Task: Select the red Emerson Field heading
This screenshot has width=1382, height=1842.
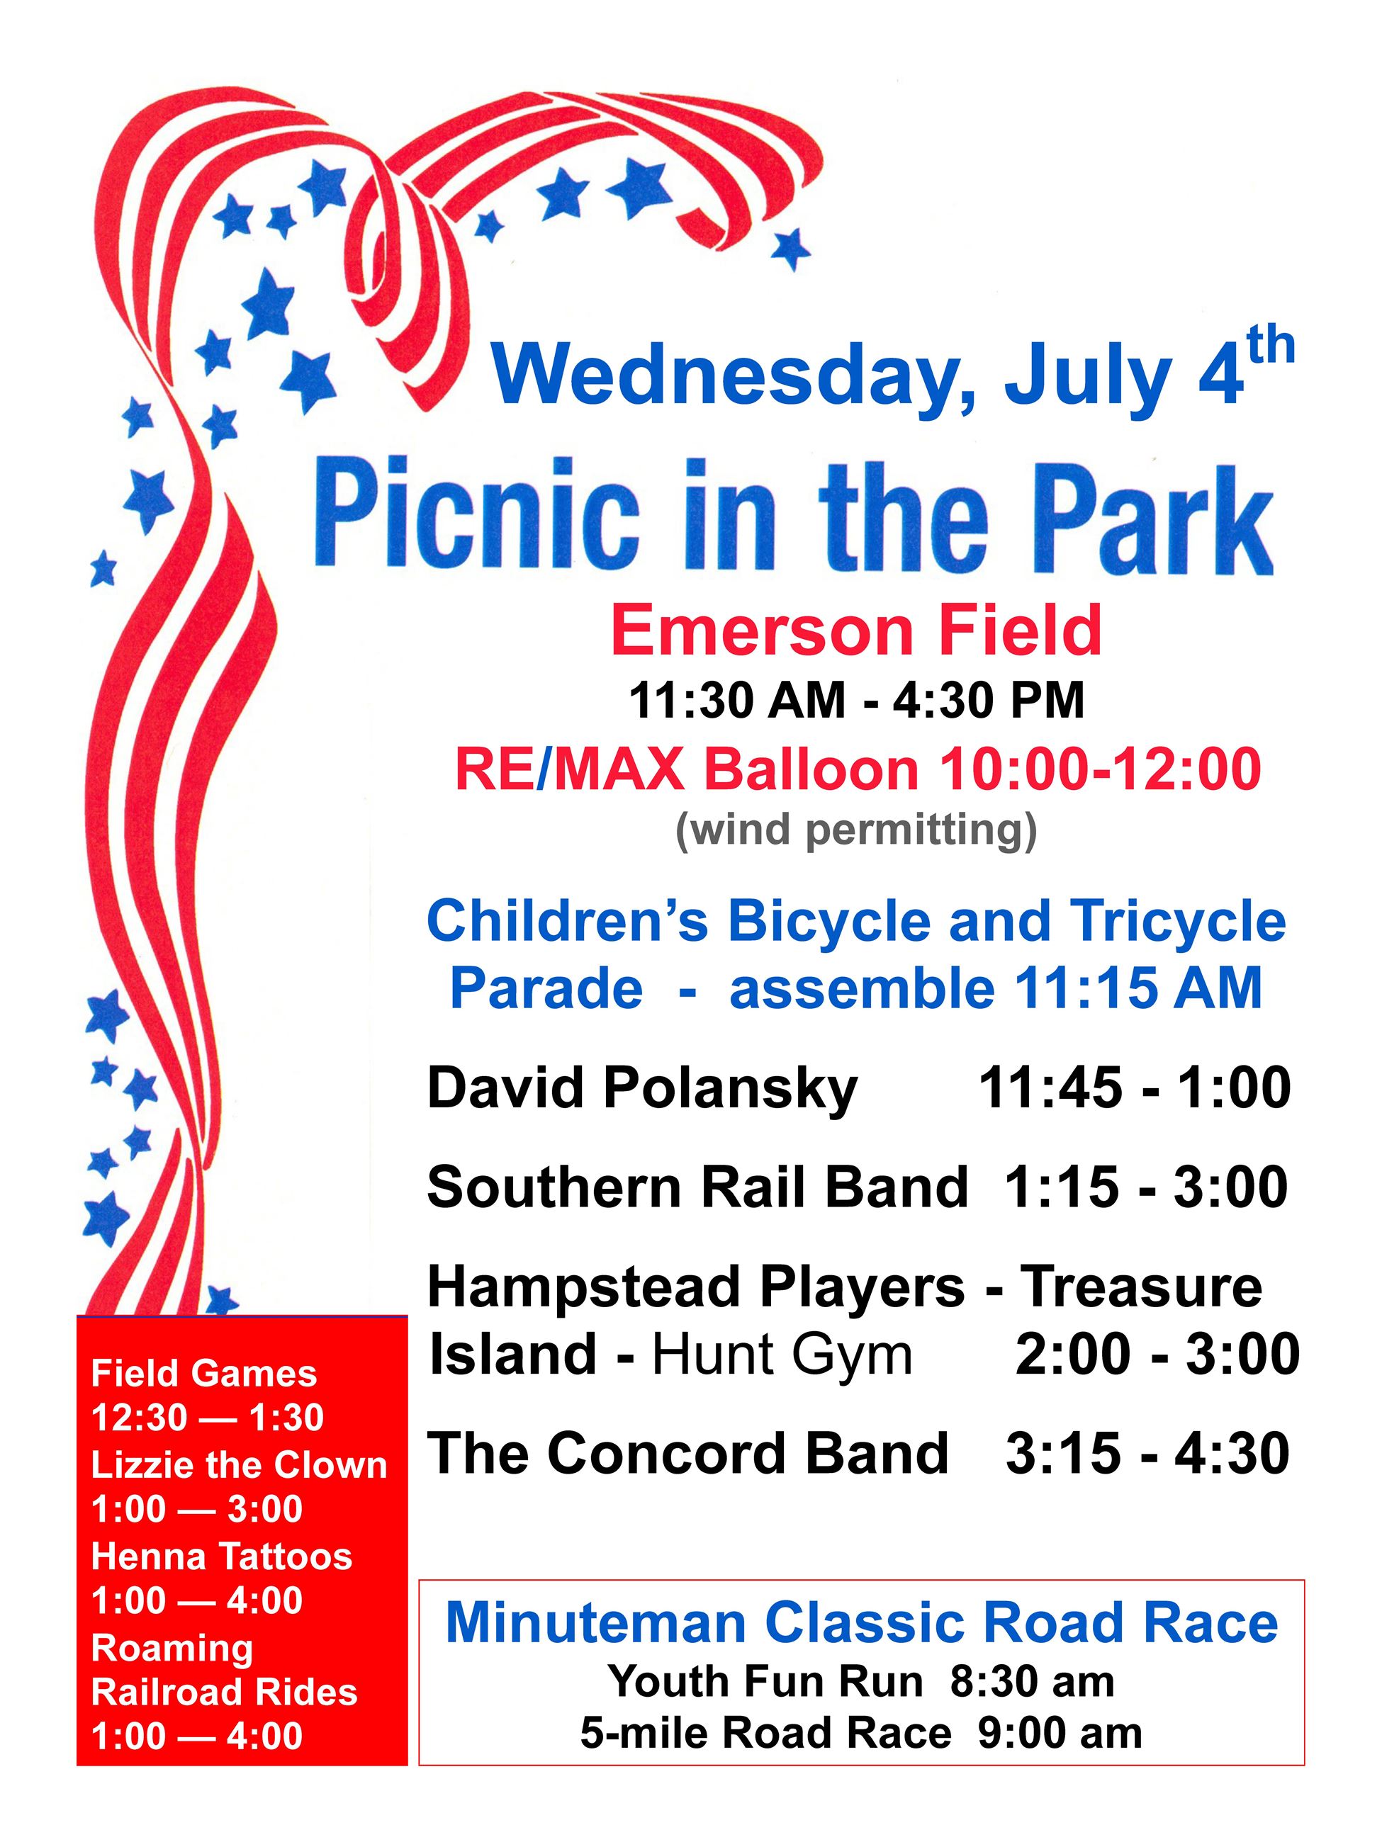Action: tap(856, 631)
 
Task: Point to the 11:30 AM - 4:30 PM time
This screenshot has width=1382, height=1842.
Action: tap(856, 701)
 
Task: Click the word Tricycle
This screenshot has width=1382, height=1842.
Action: tap(1178, 922)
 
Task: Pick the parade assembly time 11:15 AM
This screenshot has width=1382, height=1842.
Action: tap(1137, 988)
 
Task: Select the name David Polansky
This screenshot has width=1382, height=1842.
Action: tap(641, 1087)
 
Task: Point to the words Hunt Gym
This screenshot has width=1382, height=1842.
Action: tap(782, 1354)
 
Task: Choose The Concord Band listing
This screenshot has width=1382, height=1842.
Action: tap(687, 1453)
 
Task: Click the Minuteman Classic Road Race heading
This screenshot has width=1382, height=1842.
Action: tap(861, 1623)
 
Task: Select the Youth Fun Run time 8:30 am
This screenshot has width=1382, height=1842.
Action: tap(1031, 1681)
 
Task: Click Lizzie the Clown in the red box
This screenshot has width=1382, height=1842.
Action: tap(239, 1465)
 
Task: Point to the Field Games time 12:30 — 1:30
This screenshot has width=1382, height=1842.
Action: tap(208, 1418)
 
